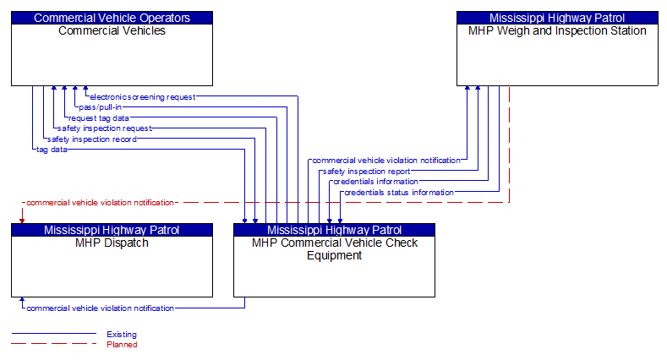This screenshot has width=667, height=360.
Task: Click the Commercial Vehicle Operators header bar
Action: point(112,18)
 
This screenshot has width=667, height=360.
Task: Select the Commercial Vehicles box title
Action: point(112,31)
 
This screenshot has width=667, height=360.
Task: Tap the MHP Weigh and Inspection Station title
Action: point(557,31)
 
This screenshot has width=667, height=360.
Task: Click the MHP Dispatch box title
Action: point(112,243)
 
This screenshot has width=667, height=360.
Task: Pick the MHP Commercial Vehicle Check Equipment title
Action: point(334,249)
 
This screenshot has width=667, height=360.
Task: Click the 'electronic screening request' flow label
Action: point(142,97)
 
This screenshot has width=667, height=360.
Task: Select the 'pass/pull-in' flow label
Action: point(100,107)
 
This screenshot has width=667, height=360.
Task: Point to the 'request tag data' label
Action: point(99,118)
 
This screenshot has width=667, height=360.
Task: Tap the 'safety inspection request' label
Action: point(104,128)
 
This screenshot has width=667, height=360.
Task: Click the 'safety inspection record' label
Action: point(91,139)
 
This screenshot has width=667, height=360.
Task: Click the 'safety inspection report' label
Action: point(366,171)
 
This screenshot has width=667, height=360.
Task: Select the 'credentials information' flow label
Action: point(375,182)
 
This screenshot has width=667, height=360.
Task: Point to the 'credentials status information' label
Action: point(398,192)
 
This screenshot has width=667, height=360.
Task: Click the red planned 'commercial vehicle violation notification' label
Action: point(100,203)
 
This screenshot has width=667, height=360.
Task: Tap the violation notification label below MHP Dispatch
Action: point(100,308)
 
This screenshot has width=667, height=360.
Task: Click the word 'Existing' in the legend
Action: point(122,335)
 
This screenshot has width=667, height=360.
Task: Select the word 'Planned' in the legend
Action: point(122,345)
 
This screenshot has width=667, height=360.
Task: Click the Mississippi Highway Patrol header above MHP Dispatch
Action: point(112,230)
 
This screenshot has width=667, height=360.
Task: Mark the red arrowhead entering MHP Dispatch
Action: point(22,220)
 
